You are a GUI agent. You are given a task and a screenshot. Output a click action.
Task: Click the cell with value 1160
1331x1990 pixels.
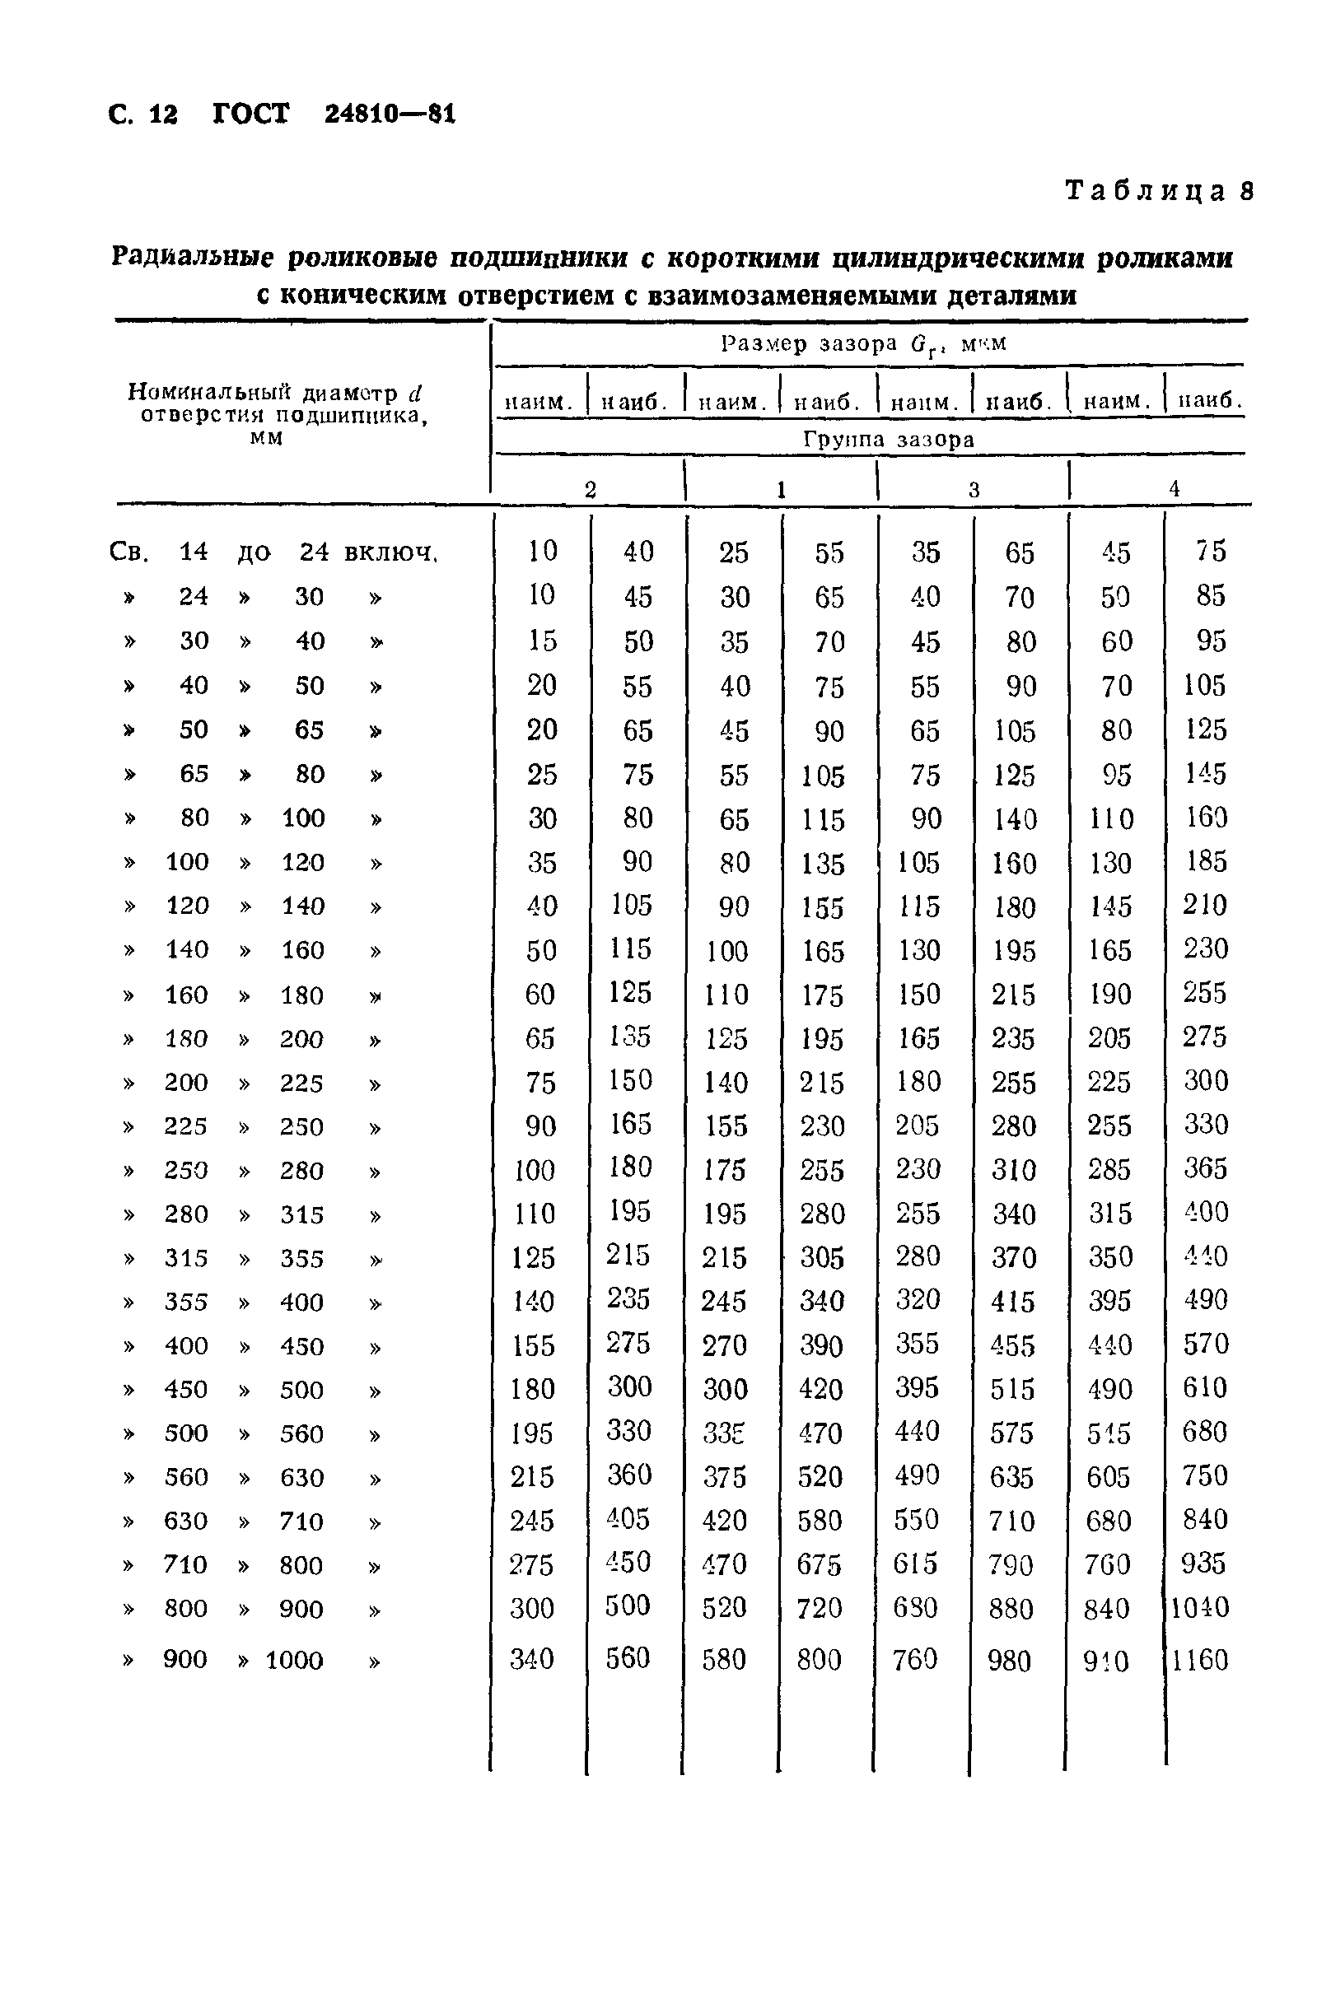(1200, 1659)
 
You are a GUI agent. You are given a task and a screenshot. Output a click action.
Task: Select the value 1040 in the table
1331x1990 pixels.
(1200, 1607)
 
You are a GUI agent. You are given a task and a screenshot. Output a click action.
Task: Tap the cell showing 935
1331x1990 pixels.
(1203, 1564)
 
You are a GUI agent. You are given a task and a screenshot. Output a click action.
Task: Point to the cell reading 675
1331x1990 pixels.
(820, 1564)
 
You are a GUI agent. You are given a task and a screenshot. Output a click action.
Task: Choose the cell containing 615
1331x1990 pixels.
(915, 1564)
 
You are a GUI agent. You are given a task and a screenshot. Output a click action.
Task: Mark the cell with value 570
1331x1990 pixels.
(1205, 1345)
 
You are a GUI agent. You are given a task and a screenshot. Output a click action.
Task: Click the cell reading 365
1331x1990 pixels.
(1205, 1168)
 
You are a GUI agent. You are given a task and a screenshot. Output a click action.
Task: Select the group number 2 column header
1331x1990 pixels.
(590, 489)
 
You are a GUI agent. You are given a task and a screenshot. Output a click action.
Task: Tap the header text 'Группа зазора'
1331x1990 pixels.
(888, 440)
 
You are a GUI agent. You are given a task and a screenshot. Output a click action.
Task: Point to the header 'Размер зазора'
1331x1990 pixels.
(809, 343)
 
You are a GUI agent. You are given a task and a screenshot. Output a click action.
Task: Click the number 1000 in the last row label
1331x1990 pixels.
(294, 1660)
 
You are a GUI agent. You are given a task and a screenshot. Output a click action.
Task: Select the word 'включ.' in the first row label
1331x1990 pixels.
(390, 552)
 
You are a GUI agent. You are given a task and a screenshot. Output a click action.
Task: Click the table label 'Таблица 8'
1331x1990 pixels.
(1159, 190)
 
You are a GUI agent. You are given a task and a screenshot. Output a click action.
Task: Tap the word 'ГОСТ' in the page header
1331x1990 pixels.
(250, 114)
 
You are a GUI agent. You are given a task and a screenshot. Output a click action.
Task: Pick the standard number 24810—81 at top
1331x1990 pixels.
(390, 114)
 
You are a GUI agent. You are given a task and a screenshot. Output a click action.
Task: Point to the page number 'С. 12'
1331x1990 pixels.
(143, 114)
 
